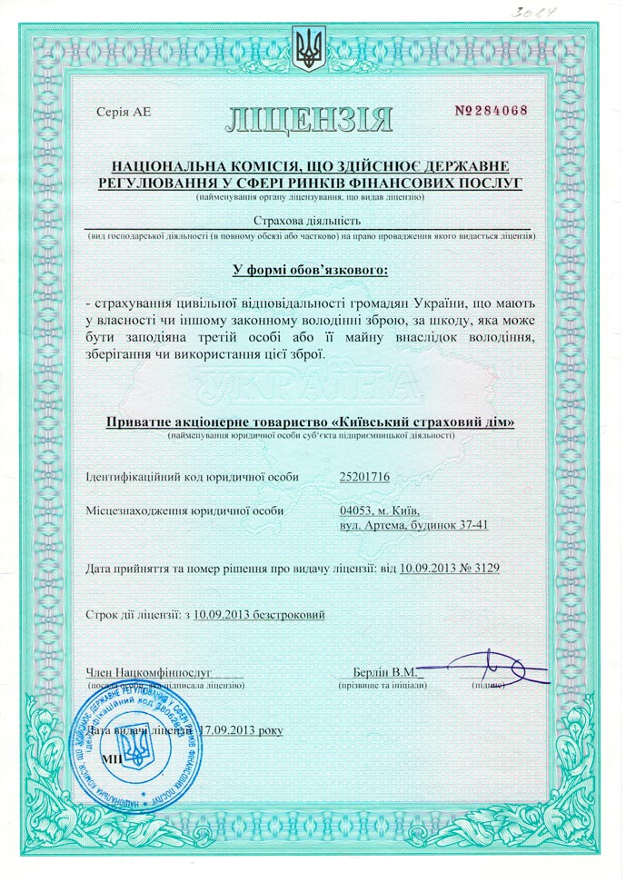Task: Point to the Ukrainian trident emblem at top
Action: click(x=309, y=49)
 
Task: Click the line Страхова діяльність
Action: click(x=310, y=220)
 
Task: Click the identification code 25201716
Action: click(x=363, y=477)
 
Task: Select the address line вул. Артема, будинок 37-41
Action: click(x=413, y=526)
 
